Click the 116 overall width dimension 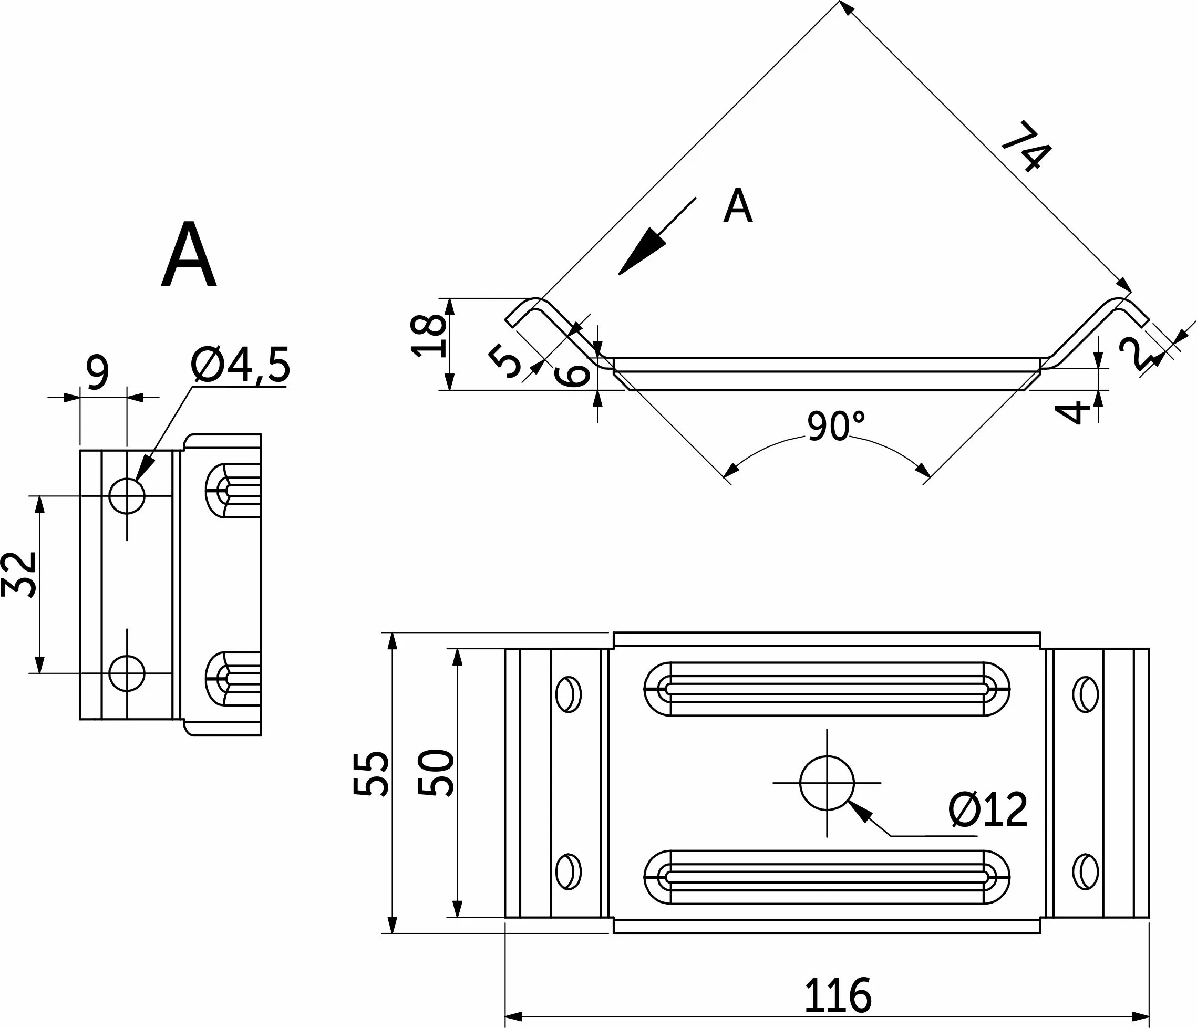(x=837, y=995)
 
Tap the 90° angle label (x=835, y=426)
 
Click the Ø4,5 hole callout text (x=240, y=366)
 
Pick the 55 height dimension (x=370, y=773)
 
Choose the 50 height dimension (x=436, y=773)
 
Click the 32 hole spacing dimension (x=19, y=574)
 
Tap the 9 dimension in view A (x=97, y=373)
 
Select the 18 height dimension (x=429, y=336)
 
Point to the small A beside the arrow (x=738, y=206)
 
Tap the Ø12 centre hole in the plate (x=827, y=783)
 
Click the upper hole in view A (x=127, y=495)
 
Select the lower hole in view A (x=127, y=673)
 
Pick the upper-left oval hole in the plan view (x=569, y=693)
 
